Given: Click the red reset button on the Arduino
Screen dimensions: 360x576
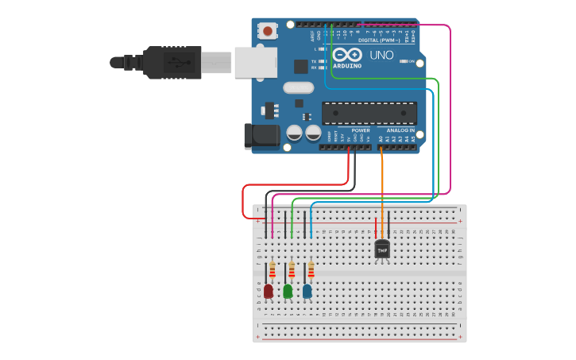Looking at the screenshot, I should coord(268,31).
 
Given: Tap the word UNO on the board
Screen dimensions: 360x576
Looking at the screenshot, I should coord(381,55).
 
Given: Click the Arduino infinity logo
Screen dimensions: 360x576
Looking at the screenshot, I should coord(347,55).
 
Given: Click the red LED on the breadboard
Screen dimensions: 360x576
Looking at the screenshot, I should coord(269,292).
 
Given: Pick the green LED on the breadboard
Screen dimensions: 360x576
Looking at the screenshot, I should coord(288,292).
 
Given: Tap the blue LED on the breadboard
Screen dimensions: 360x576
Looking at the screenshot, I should coord(307,292).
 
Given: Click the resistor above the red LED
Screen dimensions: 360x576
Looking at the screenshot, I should coord(273,270).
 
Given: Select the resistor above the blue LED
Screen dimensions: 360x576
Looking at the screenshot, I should coord(311,270).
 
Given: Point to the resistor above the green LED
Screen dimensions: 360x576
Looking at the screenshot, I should coord(292,270).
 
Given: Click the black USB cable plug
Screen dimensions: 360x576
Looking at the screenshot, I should coord(171,62).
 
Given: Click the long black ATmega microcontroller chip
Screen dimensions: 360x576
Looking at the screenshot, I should coord(369,113).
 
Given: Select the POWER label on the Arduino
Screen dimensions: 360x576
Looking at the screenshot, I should coord(361,130).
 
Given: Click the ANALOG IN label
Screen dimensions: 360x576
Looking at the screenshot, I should coord(400,130).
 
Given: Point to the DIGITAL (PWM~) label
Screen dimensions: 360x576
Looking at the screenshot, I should coord(379,39).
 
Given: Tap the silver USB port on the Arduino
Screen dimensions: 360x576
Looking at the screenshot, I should coord(255,62).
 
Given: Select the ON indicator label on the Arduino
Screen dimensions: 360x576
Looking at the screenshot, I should coord(412,68).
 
